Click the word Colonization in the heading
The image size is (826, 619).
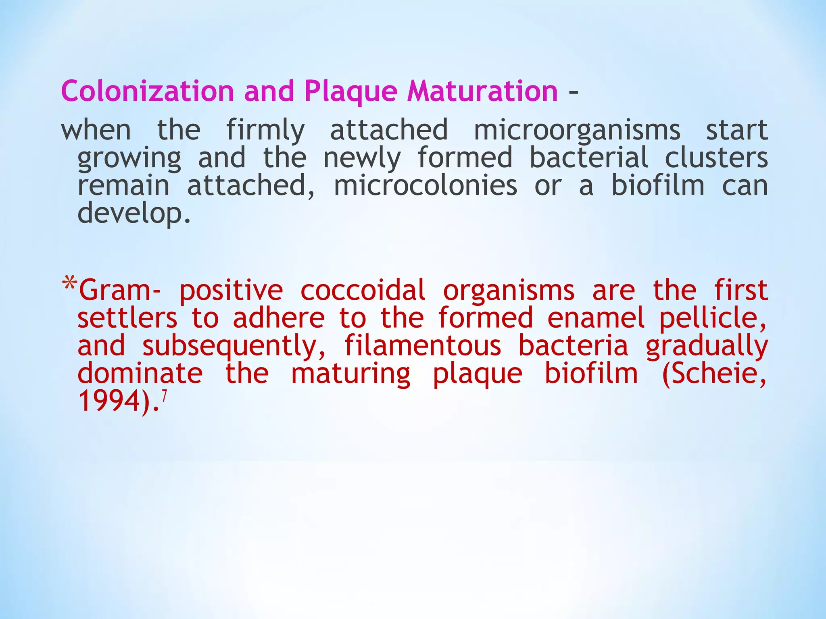pyautogui.click(x=147, y=91)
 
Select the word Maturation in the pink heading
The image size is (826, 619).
pyautogui.click(x=482, y=91)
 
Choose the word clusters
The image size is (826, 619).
pyautogui.click(x=716, y=158)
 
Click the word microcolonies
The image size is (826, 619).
pyautogui.click(x=426, y=186)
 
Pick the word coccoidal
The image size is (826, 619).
pyautogui.click(x=363, y=290)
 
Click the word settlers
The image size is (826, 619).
pyautogui.click(x=127, y=318)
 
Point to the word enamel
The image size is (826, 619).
pyautogui.click(x=595, y=318)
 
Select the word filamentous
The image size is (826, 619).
pyautogui.click(x=423, y=346)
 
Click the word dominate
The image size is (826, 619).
pyautogui.click(x=140, y=374)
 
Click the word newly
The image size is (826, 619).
pyautogui.click(x=362, y=158)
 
